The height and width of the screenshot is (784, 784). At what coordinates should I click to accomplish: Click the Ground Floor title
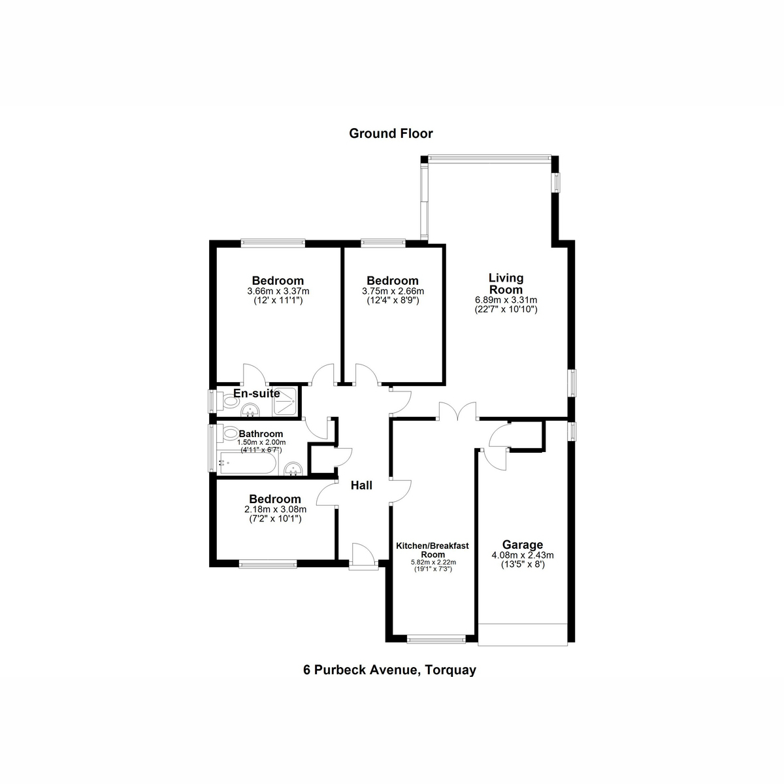tap(391, 134)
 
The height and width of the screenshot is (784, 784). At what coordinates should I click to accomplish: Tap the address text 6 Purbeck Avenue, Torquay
tap(390, 670)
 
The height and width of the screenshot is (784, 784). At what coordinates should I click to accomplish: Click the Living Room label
tap(506, 284)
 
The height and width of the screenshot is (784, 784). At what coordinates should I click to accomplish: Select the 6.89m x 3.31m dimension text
tap(506, 300)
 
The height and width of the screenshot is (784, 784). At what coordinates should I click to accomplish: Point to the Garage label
tap(522, 545)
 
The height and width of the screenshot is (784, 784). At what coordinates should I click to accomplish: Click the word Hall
tap(361, 485)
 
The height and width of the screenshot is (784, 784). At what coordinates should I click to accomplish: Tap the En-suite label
tap(257, 393)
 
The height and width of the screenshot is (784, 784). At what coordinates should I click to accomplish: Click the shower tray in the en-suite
tap(285, 401)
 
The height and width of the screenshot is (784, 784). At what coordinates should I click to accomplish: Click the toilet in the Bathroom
tap(230, 433)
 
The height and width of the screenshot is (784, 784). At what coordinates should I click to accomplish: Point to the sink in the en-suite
tap(251, 410)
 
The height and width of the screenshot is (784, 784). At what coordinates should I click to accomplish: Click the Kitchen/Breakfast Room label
tap(433, 549)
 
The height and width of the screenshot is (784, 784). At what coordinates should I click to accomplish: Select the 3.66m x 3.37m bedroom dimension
tap(278, 291)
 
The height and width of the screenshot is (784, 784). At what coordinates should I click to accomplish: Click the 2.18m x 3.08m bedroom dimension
tap(274, 510)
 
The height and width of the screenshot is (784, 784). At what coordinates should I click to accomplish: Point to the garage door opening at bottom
tap(522, 634)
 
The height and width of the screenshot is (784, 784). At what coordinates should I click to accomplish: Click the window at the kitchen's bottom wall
tap(436, 638)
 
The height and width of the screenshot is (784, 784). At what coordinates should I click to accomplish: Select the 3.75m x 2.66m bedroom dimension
tap(393, 291)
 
